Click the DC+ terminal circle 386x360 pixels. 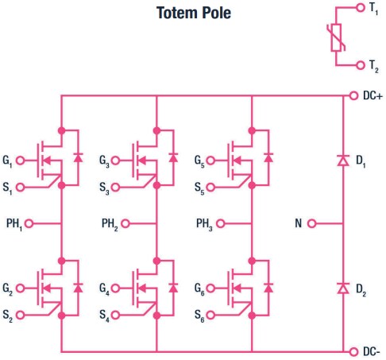pos(353,96)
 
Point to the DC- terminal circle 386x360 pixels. pos(353,350)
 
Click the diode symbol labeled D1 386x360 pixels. pos(343,161)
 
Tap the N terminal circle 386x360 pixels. pos(313,223)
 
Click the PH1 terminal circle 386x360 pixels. pos(30,223)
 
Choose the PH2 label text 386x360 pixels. pos(112,223)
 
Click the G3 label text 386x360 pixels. pos(105,161)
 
